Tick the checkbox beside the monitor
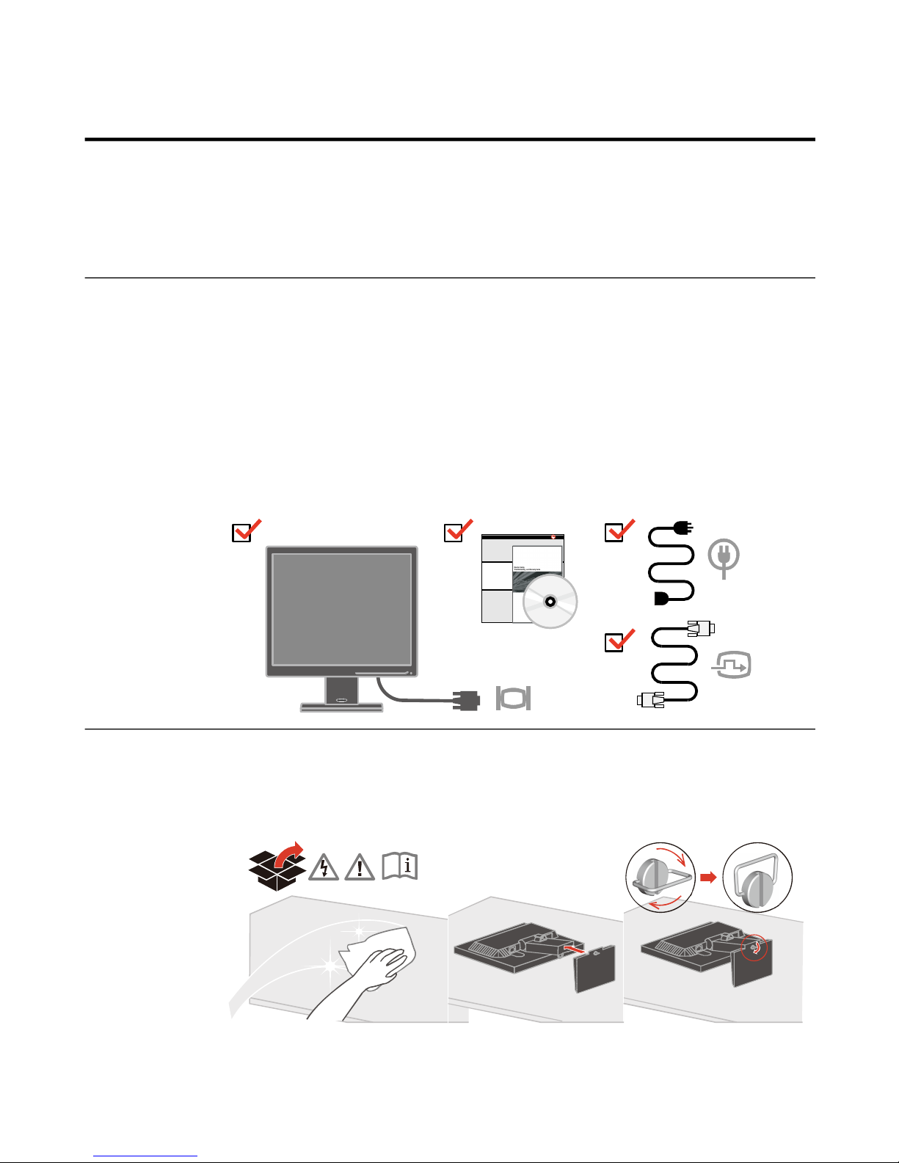pos(242,533)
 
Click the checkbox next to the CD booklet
pos(454,533)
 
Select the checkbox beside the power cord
pos(614,533)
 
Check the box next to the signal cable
pos(614,643)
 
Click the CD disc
pos(550,602)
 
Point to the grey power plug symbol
pos(724,558)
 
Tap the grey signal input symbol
pos(732,666)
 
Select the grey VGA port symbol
pos(513,699)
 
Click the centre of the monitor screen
pos(341,610)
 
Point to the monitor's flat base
pos(341,707)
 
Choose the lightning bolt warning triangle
pos(324,868)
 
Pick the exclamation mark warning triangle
pos(360,868)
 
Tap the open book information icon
pos(400,867)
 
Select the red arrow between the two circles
pos(708,877)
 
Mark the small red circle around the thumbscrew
pos(755,947)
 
